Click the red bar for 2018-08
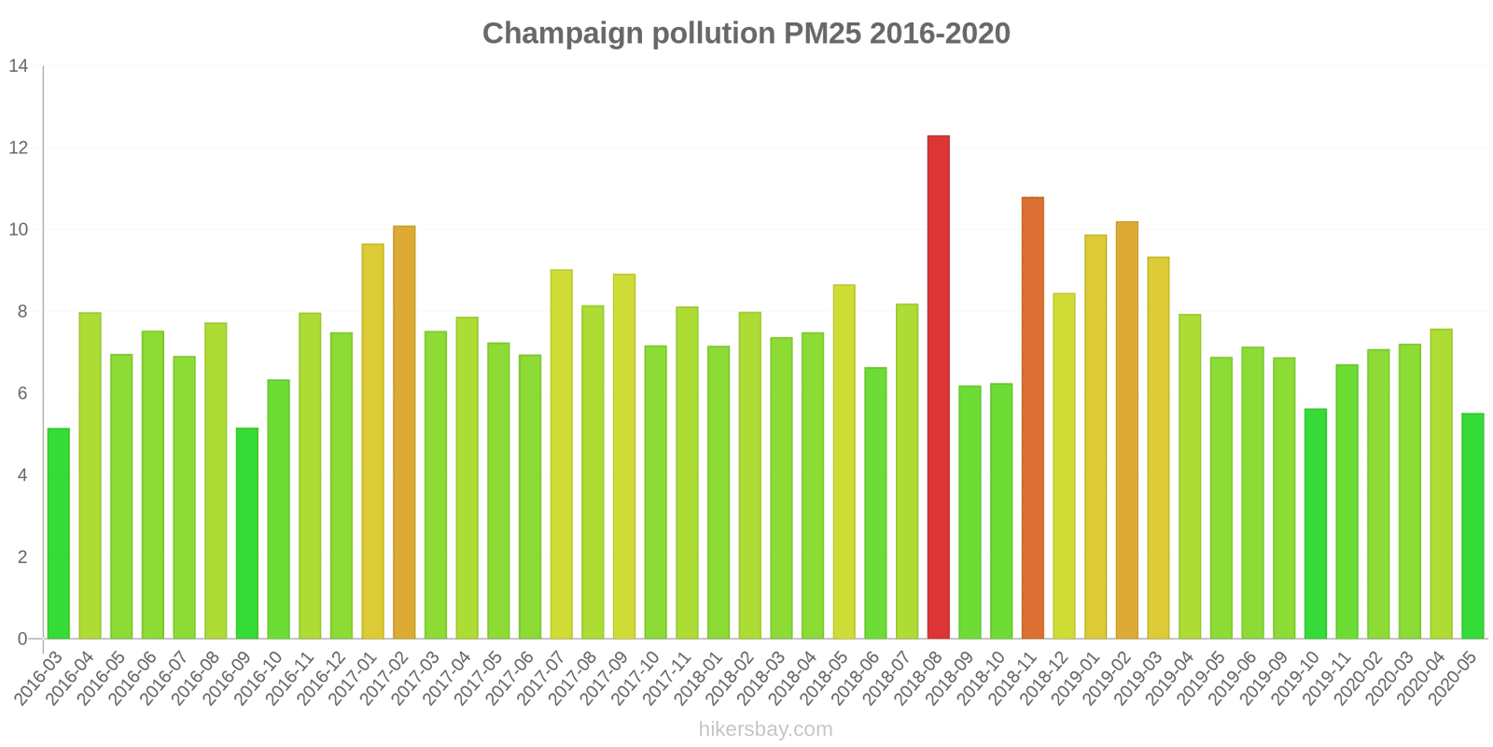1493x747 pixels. [x=938, y=388]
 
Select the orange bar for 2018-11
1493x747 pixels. [x=1032, y=417]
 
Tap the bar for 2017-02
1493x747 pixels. [x=404, y=432]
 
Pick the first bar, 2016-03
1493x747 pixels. [x=58, y=533]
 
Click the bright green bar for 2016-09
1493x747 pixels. [x=246, y=533]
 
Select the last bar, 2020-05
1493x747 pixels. [x=1472, y=526]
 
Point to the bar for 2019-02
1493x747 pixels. [x=1126, y=430]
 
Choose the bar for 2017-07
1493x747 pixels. [x=561, y=454]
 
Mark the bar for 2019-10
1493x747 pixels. [x=1315, y=523]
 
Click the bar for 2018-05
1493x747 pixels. [x=844, y=461]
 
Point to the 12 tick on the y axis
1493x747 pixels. [x=19, y=148]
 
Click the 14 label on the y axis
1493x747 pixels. [x=19, y=66]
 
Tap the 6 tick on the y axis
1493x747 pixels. [x=22, y=393]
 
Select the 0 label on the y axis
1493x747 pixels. [x=22, y=639]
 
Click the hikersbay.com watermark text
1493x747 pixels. [x=765, y=729]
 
